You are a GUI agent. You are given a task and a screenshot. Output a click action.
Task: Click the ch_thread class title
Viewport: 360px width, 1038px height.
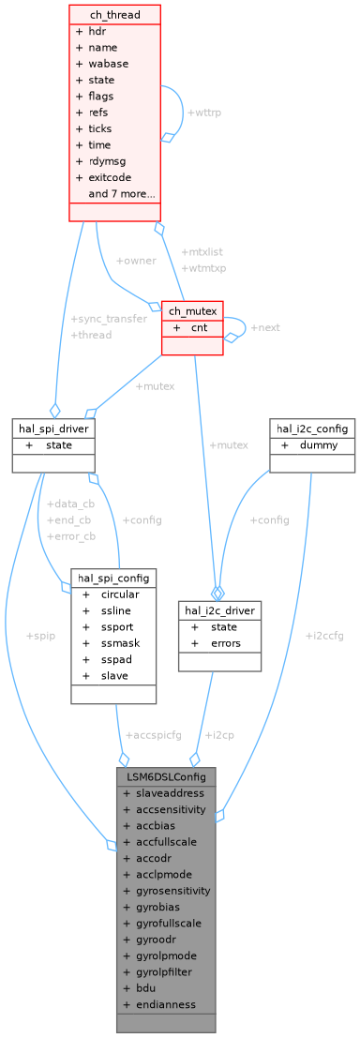click(x=114, y=14)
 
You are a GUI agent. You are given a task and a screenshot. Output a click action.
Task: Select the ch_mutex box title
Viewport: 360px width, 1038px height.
click(x=192, y=310)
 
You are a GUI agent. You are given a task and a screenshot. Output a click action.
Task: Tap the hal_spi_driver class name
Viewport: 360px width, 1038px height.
click(x=53, y=429)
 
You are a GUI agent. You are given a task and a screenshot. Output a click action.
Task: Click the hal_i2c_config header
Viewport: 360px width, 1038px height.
click(x=312, y=429)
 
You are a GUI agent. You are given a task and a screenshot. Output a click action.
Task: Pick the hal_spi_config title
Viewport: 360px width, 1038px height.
click(x=112, y=578)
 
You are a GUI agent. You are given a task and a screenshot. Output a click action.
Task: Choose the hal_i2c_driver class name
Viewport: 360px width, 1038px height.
click(x=218, y=610)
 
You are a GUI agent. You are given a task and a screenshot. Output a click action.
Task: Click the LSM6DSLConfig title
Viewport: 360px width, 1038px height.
click(x=166, y=776)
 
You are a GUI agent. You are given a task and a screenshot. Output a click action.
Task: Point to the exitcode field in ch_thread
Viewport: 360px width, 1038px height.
click(x=109, y=177)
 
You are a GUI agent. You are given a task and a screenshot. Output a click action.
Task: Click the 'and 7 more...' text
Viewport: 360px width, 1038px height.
click(x=122, y=194)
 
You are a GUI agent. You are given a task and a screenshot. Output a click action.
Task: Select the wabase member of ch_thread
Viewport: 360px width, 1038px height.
click(x=109, y=64)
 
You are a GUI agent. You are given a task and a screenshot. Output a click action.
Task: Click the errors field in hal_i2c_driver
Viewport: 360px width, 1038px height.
click(x=226, y=643)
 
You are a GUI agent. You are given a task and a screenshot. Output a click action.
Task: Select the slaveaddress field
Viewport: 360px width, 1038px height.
click(x=170, y=792)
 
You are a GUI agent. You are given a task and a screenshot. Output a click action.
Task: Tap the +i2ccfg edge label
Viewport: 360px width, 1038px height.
click(x=324, y=635)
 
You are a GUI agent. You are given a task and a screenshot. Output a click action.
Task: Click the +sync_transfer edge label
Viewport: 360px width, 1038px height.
click(x=109, y=318)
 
